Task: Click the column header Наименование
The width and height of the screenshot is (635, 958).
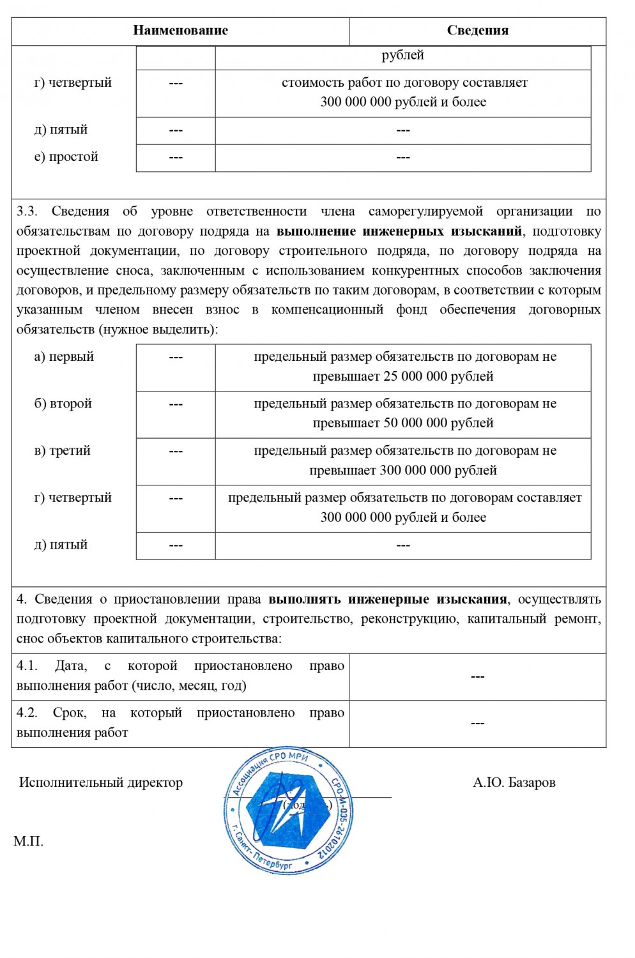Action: (x=180, y=31)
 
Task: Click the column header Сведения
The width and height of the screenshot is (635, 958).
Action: (x=477, y=31)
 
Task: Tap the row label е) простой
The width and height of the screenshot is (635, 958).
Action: (x=66, y=157)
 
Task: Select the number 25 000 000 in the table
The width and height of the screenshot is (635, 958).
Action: (x=415, y=377)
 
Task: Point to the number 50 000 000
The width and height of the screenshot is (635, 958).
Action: (x=415, y=423)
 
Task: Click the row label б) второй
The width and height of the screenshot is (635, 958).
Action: (x=63, y=404)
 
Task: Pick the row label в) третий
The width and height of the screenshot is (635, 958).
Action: (x=62, y=451)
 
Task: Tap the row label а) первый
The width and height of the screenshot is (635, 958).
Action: (x=64, y=357)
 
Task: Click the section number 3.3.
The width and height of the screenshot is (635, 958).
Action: (x=27, y=211)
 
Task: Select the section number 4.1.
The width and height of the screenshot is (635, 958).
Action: (x=27, y=666)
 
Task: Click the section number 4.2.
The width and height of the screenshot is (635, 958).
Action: (x=27, y=713)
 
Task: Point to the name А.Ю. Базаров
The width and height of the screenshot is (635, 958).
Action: (x=514, y=783)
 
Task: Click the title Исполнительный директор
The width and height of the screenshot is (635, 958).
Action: (x=101, y=783)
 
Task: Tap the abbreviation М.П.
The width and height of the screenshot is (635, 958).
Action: (x=28, y=842)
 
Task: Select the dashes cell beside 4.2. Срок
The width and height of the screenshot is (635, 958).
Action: (x=477, y=724)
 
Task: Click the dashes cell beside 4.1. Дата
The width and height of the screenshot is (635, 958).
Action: (x=477, y=677)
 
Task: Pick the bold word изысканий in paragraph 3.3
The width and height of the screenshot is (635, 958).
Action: (x=487, y=231)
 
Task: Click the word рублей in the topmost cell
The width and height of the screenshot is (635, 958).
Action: (x=402, y=56)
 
